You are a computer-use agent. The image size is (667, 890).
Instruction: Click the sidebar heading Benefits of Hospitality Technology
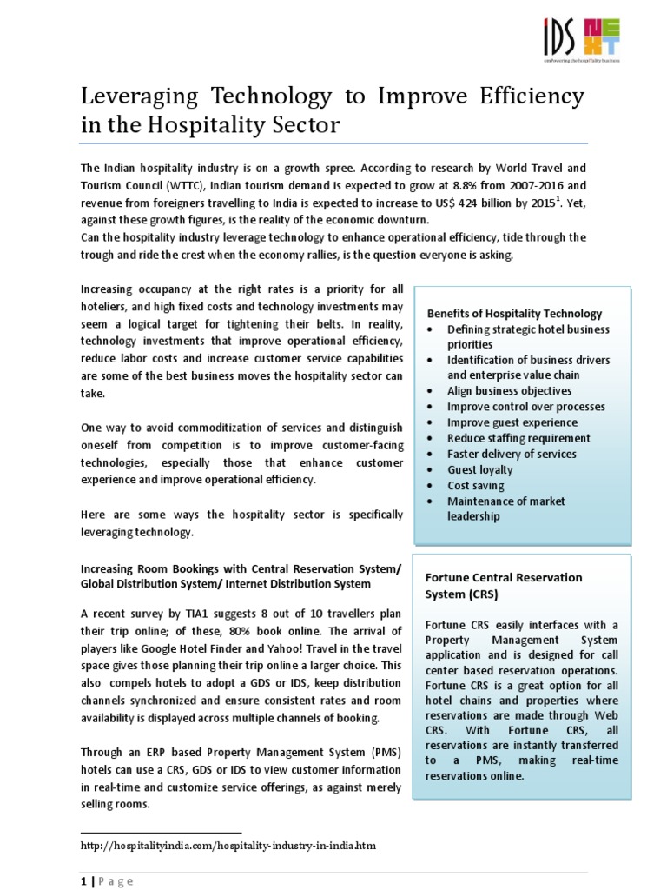[514, 313]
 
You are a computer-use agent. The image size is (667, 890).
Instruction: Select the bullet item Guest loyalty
[480, 469]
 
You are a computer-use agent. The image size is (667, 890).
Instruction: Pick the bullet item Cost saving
[475, 485]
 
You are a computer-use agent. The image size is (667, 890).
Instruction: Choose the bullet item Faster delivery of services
[512, 454]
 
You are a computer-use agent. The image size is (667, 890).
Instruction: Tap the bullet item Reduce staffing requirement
[518, 438]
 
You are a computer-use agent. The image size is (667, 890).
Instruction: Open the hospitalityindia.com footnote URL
[228, 845]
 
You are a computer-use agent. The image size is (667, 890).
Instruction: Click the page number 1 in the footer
[82, 881]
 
